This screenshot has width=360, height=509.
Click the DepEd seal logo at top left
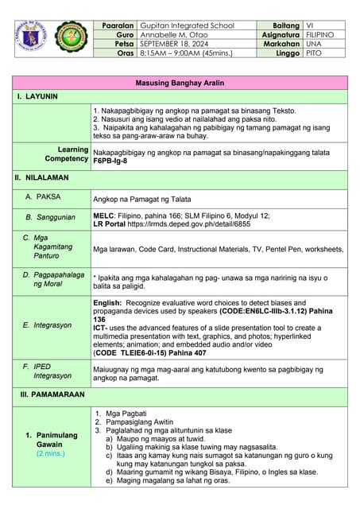coord(33,38)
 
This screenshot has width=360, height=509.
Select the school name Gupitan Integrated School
coord(187,25)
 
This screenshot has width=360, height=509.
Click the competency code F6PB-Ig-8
coord(110,161)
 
